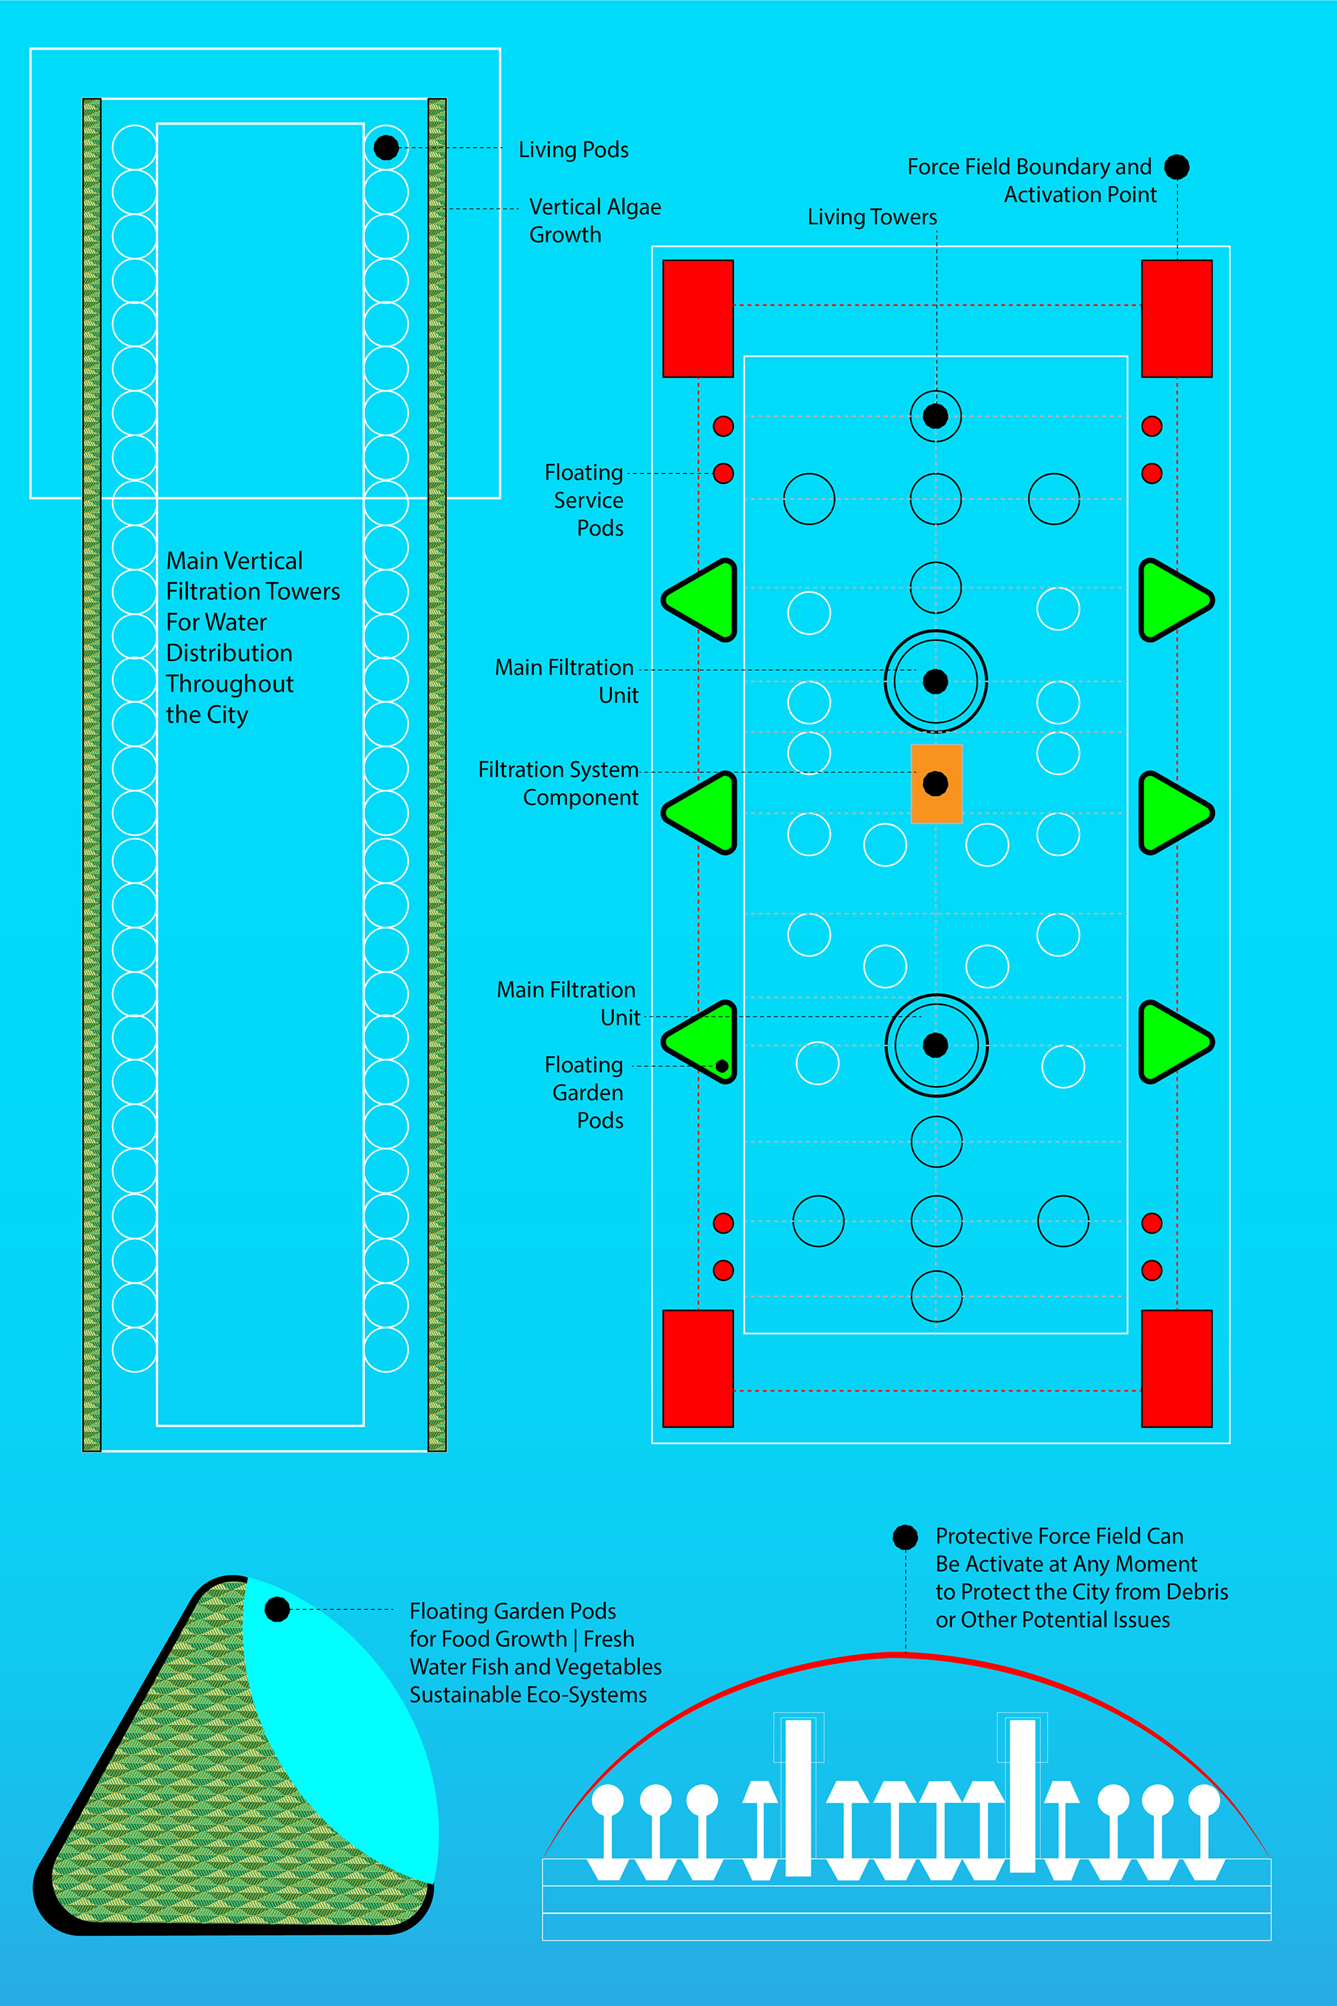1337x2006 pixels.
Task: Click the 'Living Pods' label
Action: [573, 150]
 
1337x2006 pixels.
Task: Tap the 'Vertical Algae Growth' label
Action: [594, 221]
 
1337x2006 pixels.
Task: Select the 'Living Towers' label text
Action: [871, 217]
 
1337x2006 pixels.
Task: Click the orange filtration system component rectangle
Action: [936, 784]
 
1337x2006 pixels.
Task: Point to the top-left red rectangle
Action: [698, 318]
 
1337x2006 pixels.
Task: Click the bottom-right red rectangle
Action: [1176, 1368]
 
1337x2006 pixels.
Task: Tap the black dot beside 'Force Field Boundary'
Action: [1177, 166]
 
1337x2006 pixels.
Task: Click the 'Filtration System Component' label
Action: [558, 783]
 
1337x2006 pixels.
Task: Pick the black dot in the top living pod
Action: [386, 148]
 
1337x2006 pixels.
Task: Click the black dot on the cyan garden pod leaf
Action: [277, 1610]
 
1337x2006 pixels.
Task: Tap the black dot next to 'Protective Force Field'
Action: [905, 1537]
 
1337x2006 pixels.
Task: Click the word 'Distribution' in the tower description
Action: [229, 653]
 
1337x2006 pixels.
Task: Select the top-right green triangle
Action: [1174, 600]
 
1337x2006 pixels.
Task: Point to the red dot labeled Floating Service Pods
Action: [723, 474]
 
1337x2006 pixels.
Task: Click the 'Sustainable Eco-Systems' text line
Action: [528, 1695]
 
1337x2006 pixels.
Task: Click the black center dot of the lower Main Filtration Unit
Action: [935, 1045]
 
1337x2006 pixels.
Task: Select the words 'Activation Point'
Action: [1079, 195]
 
